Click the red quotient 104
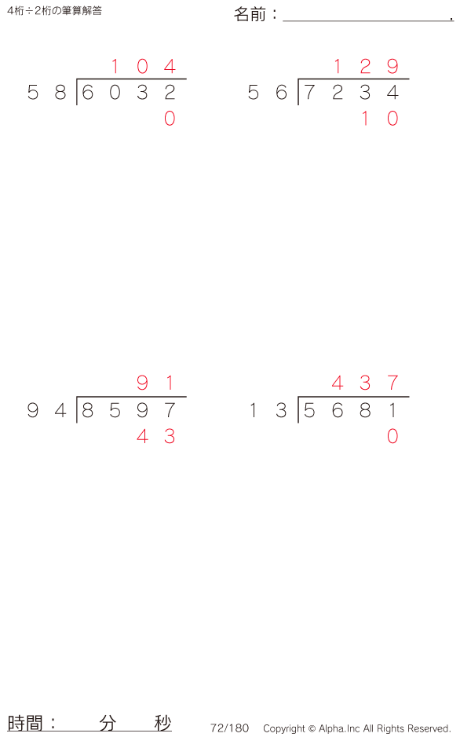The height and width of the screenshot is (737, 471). [143, 66]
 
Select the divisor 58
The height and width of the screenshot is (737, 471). [46, 92]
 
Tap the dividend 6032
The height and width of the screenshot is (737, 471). [128, 92]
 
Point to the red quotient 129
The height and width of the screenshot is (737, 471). [366, 66]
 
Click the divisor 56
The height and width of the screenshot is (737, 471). [267, 92]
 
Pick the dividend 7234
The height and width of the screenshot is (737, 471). [351, 92]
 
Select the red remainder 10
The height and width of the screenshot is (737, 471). [379, 118]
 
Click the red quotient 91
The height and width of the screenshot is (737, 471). [155, 383]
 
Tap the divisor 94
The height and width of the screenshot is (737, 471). [46, 410]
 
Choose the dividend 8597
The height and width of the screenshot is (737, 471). [128, 410]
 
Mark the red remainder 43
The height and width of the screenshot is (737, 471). [156, 437]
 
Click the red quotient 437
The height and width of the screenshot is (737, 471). [365, 383]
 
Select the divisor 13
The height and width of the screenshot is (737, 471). [268, 410]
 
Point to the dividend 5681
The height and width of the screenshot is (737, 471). [350, 410]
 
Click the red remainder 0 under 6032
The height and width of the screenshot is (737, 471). [170, 118]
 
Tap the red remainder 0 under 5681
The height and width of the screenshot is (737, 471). [392, 437]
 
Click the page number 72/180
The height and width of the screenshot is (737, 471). [229, 728]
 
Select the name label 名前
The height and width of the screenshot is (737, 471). [250, 15]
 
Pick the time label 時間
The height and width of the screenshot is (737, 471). [25, 723]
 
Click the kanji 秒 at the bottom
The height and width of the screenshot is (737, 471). [163, 723]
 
